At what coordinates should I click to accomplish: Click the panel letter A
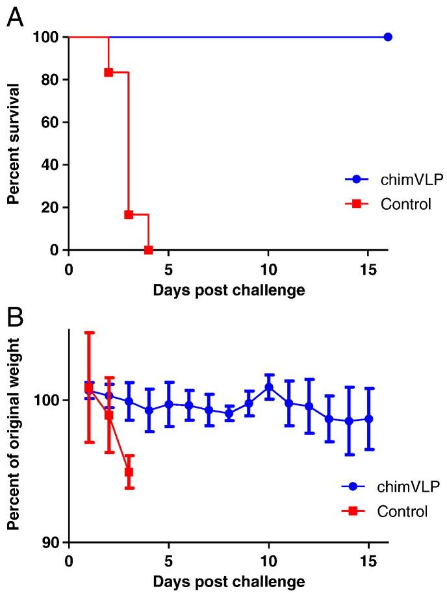click(16, 18)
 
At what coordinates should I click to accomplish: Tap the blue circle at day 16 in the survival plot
click(388, 37)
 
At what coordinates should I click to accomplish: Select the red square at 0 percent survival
click(149, 250)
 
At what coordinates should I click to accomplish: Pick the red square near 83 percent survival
click(109, 72)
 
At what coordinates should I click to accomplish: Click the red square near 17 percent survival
click(129, 214)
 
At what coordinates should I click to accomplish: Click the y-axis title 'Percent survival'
click(12, 143)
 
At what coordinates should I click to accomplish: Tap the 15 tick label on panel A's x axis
click(368, 268)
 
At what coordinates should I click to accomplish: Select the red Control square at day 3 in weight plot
click(129, 472)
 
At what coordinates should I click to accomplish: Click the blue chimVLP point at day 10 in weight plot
click(268, 387)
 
